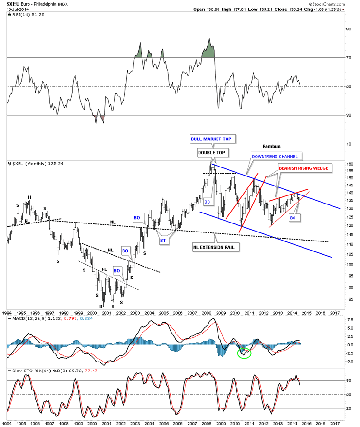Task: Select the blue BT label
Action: pos(163,241)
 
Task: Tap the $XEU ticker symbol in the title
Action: pos(15,3)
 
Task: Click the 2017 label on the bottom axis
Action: pos(335,314)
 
